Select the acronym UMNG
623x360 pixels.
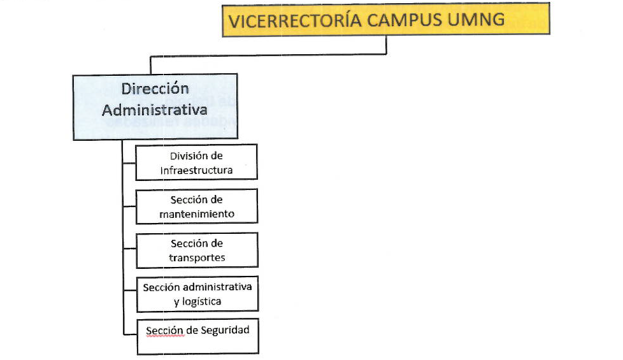pos(476,20)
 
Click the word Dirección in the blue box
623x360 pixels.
pos(155,88)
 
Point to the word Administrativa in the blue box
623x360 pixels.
pos(155,110)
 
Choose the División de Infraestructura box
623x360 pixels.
pos(197,162)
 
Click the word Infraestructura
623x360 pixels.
pos(196,170)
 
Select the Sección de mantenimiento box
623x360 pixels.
pos(197,206)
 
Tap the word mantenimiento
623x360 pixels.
pos(197,214)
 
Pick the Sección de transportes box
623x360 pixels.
pos(197,250)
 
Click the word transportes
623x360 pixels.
pos(197,257)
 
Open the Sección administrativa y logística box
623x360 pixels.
pos(197,294)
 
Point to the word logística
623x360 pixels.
pos(202,301)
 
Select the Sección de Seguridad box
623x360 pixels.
pos(198,336)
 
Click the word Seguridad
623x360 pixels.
pos(225,330)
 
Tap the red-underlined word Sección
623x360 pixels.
pos(165,331)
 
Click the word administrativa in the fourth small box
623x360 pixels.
pos(217,287)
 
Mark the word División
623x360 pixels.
pos(185,155)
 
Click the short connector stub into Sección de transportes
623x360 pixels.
pos(130,249)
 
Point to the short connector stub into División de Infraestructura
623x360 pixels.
pos(129,162)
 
